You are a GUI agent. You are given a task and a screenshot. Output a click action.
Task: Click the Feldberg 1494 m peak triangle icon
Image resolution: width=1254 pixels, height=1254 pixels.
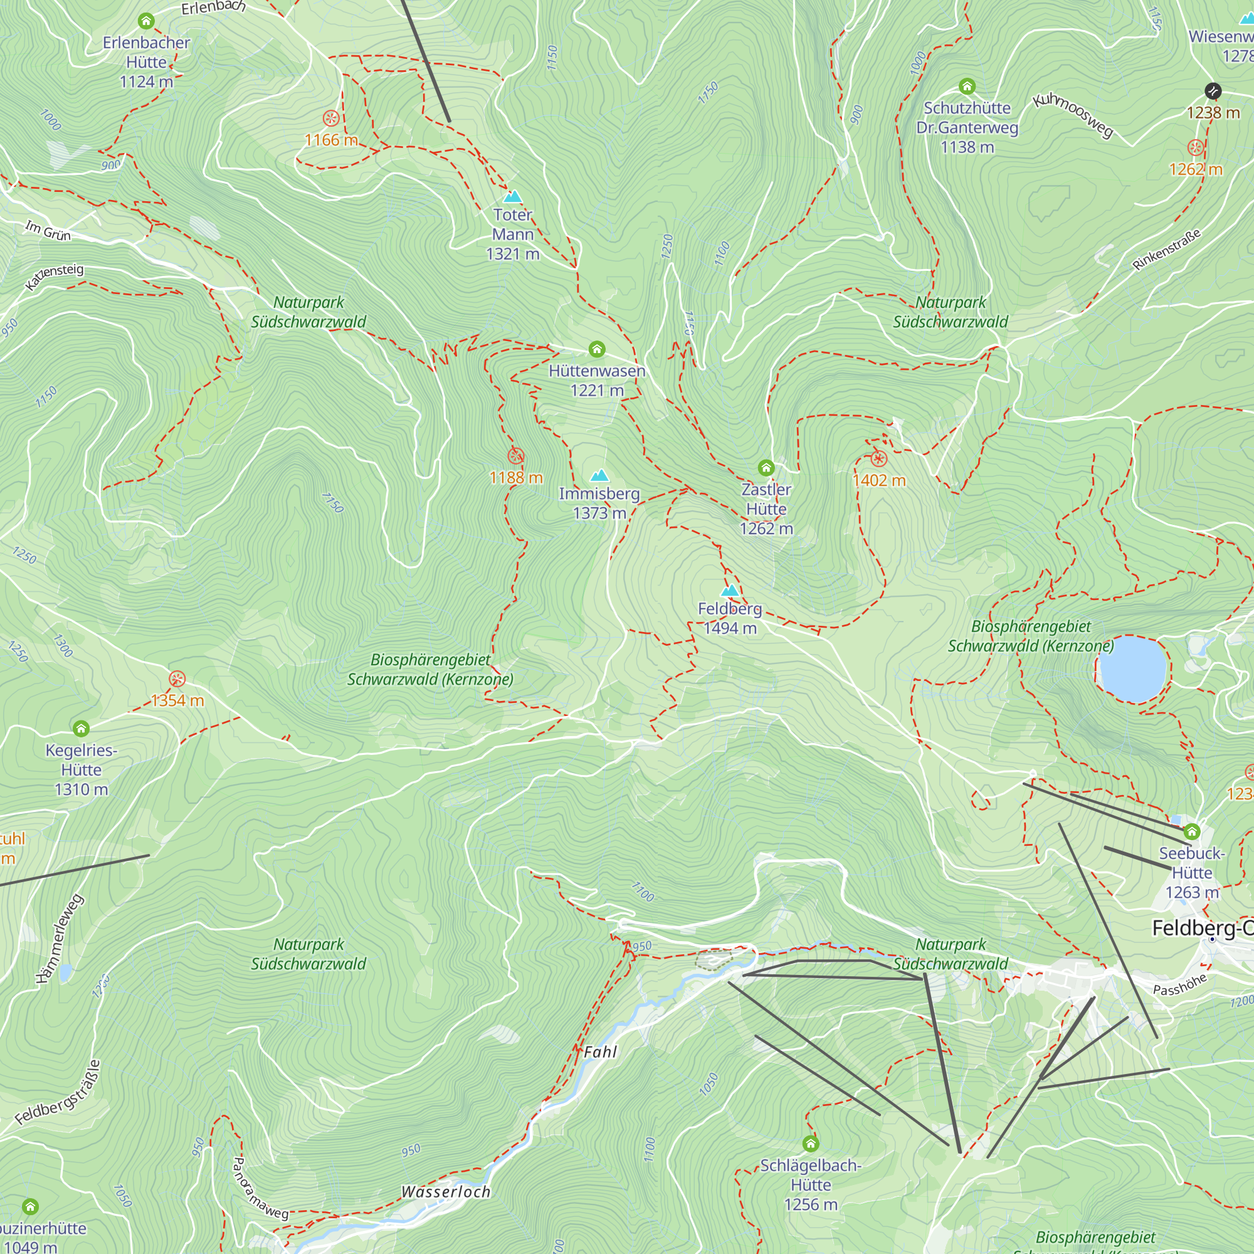click(x=730, y=591)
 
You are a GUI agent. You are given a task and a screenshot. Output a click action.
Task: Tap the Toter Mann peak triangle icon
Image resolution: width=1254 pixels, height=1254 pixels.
click(x=513, y=197)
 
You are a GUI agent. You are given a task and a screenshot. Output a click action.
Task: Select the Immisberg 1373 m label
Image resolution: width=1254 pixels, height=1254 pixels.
click(x=599, y=503)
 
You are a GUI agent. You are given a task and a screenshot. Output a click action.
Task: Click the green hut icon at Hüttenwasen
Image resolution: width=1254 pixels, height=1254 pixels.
click(x=597, y=350)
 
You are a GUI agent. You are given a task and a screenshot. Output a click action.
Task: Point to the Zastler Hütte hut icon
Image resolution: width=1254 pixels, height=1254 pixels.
click(x=766, y=467)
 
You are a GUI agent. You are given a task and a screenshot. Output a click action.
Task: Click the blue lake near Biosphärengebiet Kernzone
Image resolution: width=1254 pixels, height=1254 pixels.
click(x=1132, y=668)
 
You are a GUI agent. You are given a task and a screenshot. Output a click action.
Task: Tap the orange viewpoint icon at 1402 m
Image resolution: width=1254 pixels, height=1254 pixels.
click(x=879, y=460)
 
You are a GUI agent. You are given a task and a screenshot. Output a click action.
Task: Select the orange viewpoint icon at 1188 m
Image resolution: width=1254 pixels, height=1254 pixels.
click(x=516, y=456)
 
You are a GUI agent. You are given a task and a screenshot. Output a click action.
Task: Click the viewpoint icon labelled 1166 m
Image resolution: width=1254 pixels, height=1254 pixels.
click(x=331, y=119)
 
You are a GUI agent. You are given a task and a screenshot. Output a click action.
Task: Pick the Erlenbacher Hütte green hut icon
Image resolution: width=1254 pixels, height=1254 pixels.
click(x=146, y=21)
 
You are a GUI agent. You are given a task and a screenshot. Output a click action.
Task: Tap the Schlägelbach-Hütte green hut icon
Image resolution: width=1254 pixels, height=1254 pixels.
click(x=811, y=1144)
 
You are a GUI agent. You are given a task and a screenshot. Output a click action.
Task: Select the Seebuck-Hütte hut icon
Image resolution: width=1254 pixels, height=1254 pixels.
click(x=1192, y=831)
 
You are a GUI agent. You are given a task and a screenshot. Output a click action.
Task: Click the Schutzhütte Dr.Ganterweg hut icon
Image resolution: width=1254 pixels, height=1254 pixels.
click(x=967, y=87)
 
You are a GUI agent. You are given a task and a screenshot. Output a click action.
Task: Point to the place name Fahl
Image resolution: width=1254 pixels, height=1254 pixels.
click(x=601, y=1052)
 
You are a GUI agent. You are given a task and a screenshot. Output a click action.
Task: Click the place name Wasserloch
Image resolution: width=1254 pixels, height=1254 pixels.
click(x=446, y=1192)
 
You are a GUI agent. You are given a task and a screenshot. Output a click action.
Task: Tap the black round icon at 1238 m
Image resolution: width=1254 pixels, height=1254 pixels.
click(x=1213, y=91)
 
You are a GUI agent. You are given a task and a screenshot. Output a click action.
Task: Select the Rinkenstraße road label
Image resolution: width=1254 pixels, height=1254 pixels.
click(x=1166, y=250)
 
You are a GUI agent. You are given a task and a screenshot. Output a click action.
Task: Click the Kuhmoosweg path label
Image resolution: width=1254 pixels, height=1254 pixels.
click(x=1073, y=115)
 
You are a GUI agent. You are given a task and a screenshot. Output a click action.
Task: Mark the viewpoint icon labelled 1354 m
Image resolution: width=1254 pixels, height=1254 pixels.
click(x=177, y=680)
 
